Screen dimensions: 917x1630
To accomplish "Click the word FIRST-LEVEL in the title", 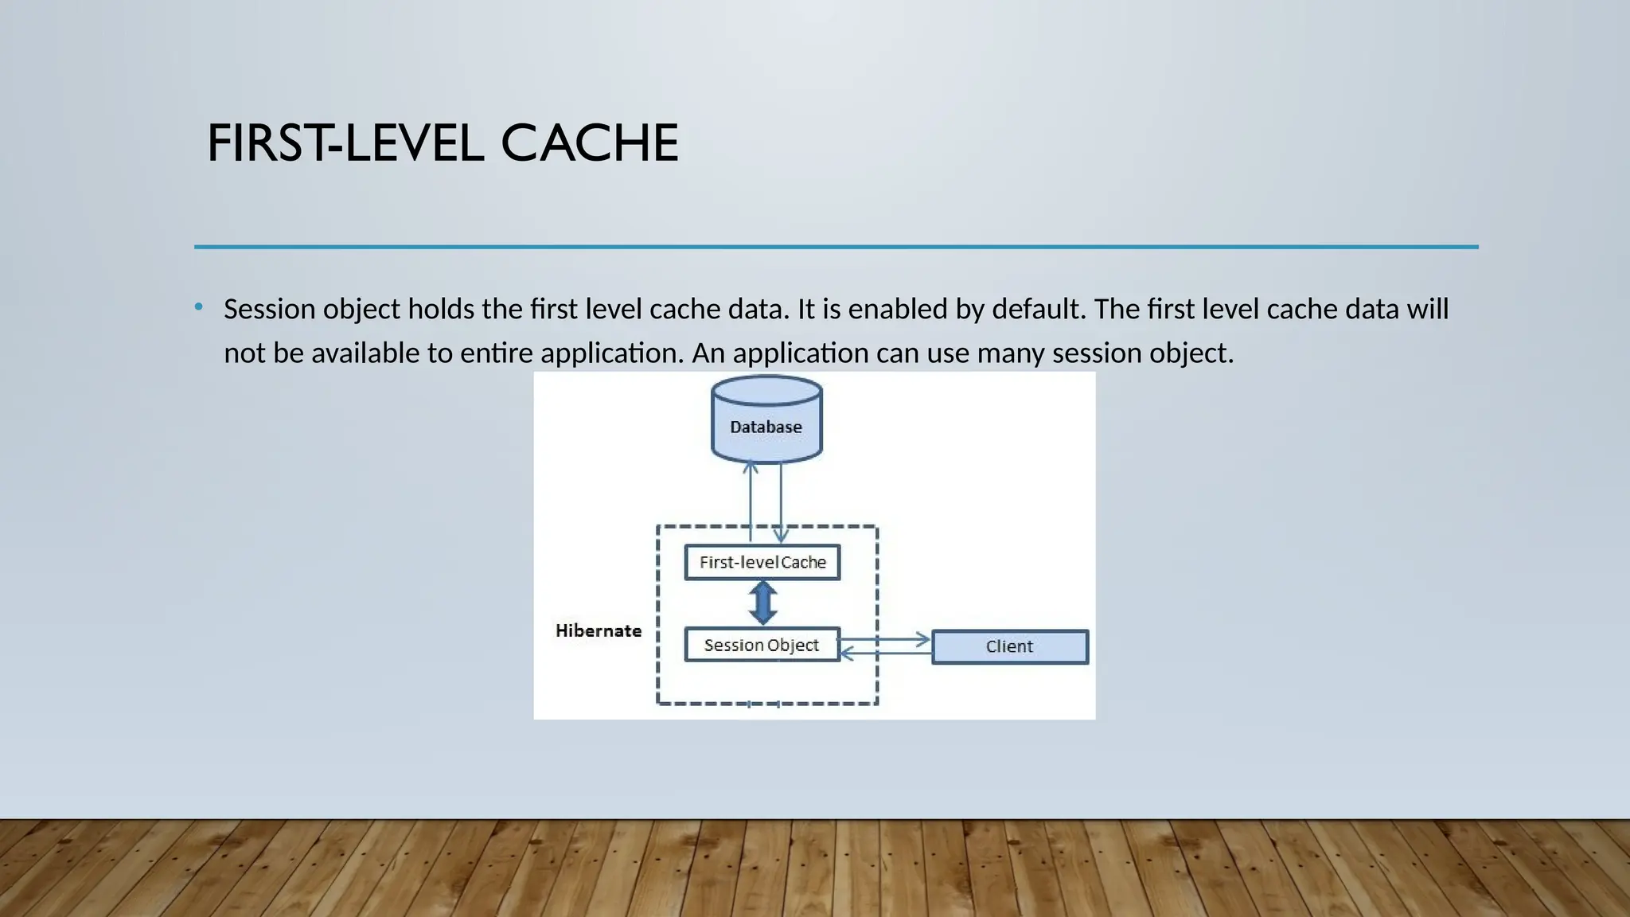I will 345,144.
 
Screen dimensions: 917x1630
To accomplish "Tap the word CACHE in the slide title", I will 589,144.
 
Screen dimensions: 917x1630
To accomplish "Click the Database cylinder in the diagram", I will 766,420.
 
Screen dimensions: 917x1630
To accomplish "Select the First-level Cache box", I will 762,562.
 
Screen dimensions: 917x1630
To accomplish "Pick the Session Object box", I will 762,645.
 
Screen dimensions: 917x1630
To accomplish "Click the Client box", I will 1009,646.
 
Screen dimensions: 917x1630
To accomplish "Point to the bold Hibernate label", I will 598,630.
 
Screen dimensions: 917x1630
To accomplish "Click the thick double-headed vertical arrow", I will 762,603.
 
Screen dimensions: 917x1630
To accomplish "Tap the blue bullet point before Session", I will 199,306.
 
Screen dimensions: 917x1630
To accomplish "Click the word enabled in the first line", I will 897,309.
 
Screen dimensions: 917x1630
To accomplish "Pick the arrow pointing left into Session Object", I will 885,654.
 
